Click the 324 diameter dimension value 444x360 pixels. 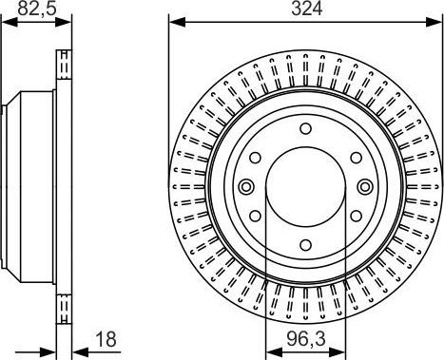[x=306, y=9]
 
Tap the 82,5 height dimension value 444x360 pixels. [x=37, y=9]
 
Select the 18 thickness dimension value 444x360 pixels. [x=106, y=339]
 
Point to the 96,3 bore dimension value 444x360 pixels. [x=306, y=339]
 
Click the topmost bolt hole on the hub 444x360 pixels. [x=305, y=129]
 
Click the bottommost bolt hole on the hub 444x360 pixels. [x=305, y=245]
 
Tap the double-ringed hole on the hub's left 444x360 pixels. [x=246, y=186]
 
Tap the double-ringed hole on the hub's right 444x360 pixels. [x=365, y=186]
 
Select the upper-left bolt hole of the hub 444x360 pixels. [x=255, y=158]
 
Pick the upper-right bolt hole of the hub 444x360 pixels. [x=356, y=158]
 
